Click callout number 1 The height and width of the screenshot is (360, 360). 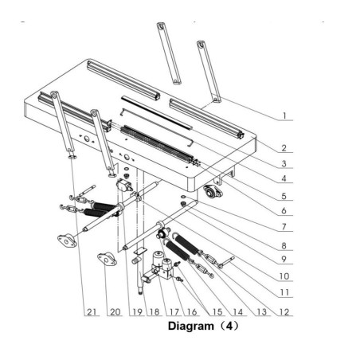[284, 115]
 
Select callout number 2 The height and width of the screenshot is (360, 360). [284, 147]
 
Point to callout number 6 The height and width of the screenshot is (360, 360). [284, 211]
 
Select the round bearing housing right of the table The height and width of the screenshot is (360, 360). [213, 191]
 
